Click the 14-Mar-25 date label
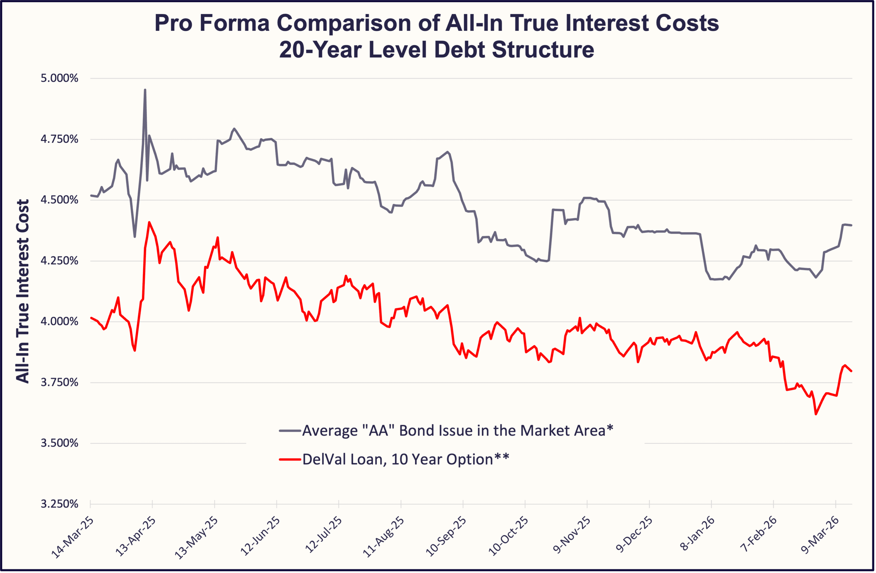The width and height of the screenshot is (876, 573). [72, 538]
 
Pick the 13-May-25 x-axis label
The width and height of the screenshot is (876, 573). [196, 538]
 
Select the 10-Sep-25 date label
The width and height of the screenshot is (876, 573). [445, 538]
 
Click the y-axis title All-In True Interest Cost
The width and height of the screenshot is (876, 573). [23, 291]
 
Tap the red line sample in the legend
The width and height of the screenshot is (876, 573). [290, 459]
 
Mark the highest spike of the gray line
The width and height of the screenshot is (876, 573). [145, 90]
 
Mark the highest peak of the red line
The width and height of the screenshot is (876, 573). [149, 222]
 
